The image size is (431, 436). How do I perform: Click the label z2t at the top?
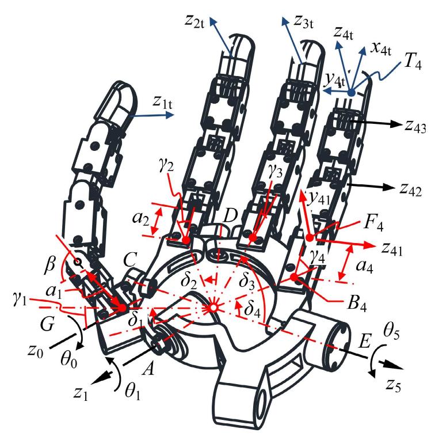(194, 21)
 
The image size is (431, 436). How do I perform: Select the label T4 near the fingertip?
(413, 62)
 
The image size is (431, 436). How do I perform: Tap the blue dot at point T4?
(352, 93)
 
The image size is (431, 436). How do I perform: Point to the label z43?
(415, 127)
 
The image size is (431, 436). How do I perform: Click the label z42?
(411, 190)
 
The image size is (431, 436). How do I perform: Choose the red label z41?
(392, 249)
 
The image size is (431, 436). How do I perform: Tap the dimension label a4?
(364, 267)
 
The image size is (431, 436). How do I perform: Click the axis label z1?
(81, 394)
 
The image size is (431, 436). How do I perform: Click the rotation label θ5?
(391, 331)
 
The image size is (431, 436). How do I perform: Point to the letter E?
(365, 341)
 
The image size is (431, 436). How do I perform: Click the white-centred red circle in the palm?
(213, 307)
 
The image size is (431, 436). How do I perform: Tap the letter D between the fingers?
(230, 215)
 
